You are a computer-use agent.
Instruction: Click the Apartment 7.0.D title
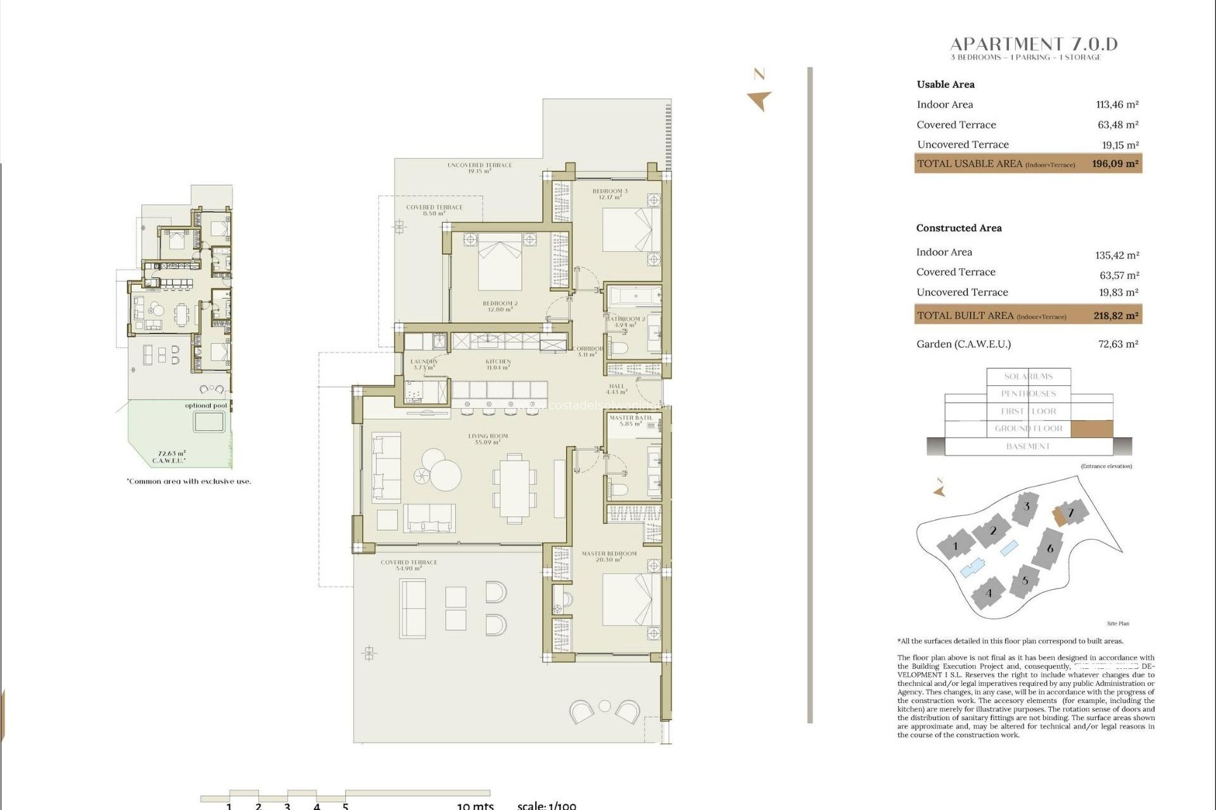coord(1034,44)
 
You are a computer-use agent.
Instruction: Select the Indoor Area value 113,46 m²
coord(1117,104)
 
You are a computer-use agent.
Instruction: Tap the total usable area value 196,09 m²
coord(1115,163)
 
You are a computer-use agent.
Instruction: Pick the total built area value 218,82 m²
coord(1115,315)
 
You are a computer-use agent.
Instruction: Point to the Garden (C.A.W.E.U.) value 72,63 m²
coord(1118,344)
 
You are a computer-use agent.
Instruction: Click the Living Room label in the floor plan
coord(488,439)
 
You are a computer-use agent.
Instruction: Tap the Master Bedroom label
coord(609,556)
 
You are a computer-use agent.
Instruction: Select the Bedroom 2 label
coord(500,306)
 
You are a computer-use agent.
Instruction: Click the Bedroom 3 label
coord(609,194)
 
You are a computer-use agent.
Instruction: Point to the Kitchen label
coord(498,364)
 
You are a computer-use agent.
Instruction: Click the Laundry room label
coord(424,364)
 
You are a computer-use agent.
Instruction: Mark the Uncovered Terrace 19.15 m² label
coord(479,168)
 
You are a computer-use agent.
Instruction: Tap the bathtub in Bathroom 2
coord(634,296)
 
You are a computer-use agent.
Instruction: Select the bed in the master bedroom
coord(631,599)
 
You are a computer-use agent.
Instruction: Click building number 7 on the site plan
coord(1072,513)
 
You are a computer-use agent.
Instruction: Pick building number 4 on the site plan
coord(989,594)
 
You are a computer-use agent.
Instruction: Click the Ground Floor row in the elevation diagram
coord(1029,428)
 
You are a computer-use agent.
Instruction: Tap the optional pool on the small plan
coord(209,421)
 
